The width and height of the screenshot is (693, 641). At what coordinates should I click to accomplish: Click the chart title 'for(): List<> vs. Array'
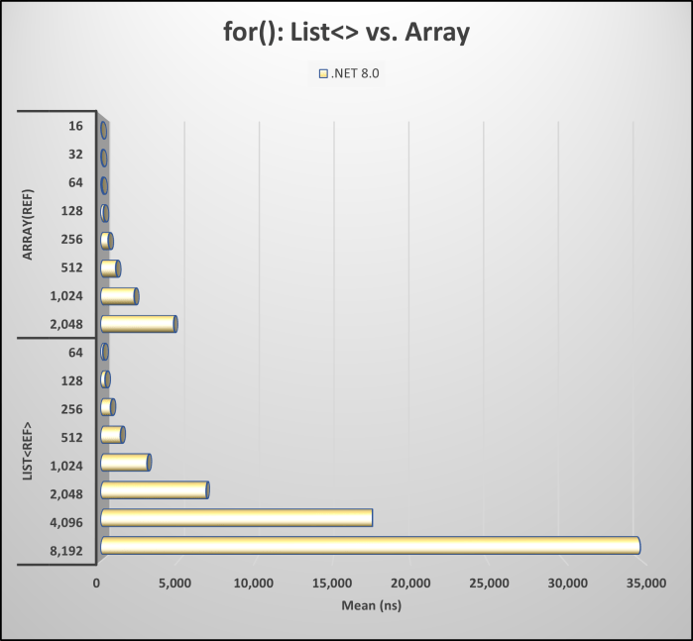pos(346,32)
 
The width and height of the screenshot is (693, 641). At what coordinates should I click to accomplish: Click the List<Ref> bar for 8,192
pos(369,545)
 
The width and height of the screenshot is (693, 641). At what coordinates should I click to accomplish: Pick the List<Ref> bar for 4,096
pos(236,517)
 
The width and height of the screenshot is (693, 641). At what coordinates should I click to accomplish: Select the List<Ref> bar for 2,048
pos(154,489)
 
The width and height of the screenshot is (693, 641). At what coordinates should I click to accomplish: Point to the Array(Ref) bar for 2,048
pos(138,324)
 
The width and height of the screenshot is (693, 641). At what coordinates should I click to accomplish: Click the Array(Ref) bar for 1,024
pos(119,295)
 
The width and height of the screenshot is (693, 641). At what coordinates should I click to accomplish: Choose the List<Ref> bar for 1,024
pos(125,462)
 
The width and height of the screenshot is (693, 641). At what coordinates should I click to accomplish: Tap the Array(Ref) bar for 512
pos(110,267)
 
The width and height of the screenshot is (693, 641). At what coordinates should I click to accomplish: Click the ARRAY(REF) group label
pos(28,224)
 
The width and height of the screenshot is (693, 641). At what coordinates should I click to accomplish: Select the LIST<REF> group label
pos(28,452)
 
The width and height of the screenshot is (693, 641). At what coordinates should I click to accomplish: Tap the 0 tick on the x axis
pos(97,585)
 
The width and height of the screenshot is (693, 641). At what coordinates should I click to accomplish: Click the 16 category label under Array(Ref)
pos(75,128)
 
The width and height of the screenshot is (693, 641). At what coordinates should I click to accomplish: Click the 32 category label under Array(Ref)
pos(75,156)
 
